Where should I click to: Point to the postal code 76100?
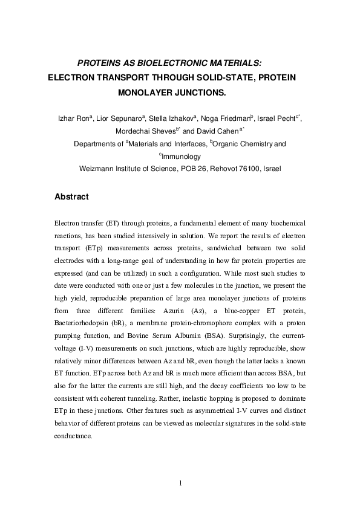[245, 169]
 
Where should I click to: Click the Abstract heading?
[71, 197]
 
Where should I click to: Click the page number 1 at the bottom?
[180, 482]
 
